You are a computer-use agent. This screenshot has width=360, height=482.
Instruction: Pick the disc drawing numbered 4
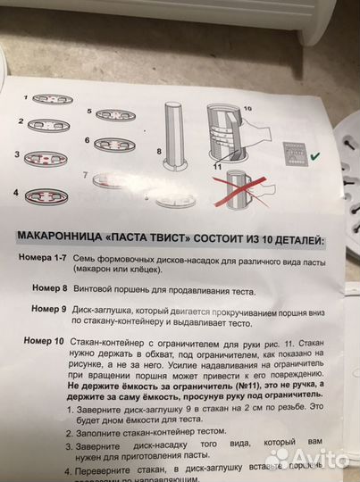56,194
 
